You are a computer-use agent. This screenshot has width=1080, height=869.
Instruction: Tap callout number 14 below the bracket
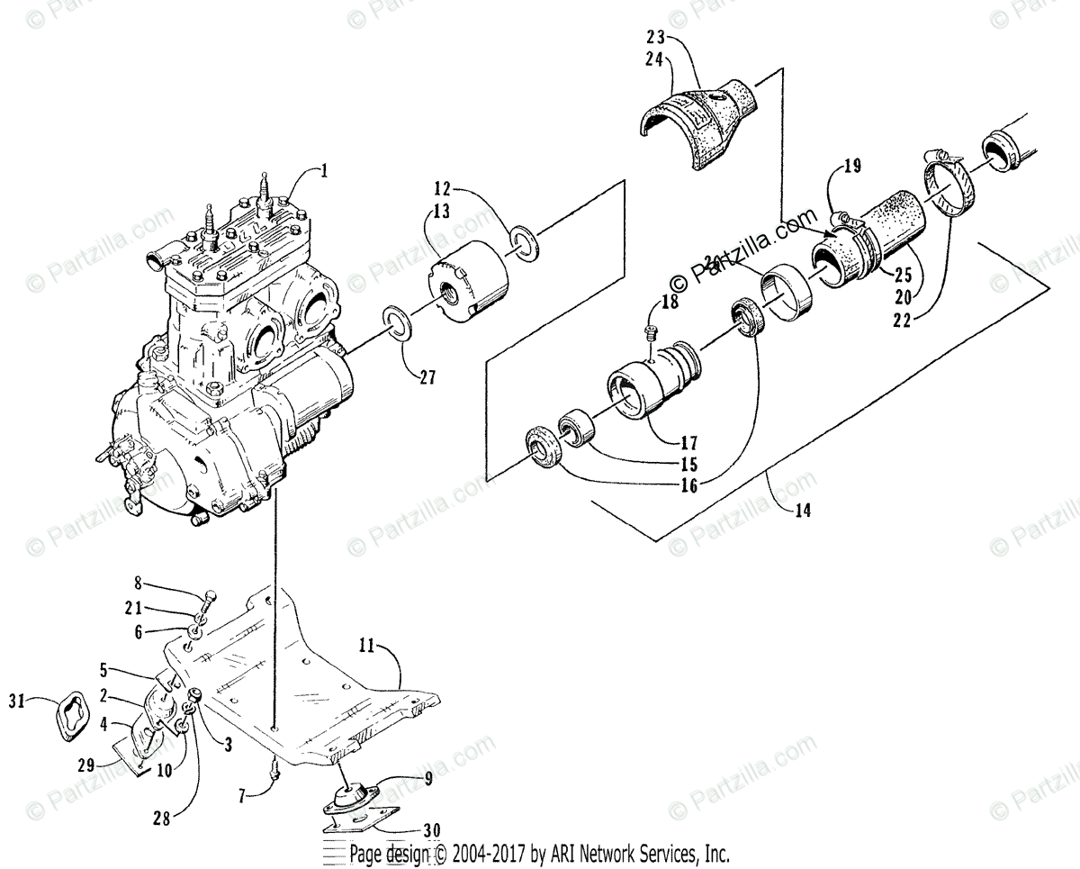(x=803, y=510)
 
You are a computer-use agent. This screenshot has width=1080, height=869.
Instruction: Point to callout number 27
(x=426, y=377)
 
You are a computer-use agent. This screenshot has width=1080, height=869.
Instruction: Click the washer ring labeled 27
(x=396, y=322)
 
